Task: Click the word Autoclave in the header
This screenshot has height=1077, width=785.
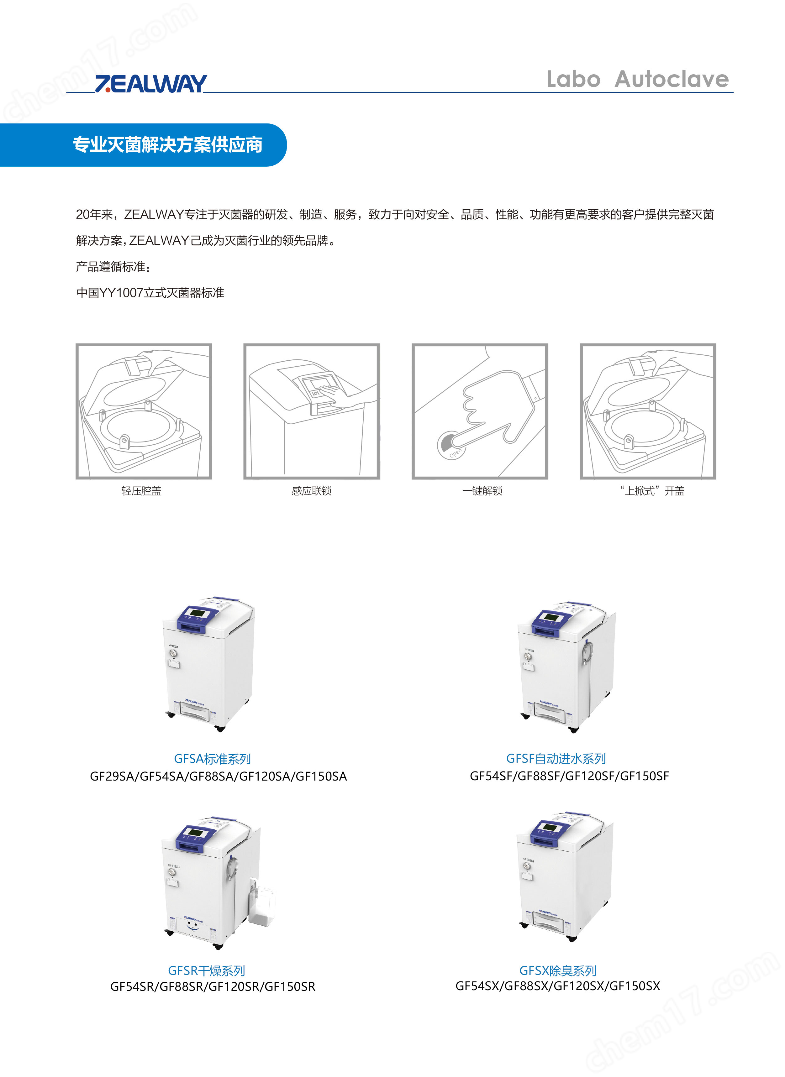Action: (x=672, y=79)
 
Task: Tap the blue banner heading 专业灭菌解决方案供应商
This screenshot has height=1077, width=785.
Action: (x=168, y=145)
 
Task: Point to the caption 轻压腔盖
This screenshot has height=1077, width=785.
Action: (x=141, y=491)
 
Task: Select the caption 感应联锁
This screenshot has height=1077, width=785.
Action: (x=312, y=491)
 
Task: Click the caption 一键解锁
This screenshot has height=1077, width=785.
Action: (x=482, y=491)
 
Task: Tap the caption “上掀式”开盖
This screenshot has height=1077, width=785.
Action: (x=652, y=491)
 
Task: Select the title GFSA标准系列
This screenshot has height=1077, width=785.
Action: (x=213, y=759)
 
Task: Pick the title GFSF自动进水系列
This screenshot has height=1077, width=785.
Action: (x=556, y=759)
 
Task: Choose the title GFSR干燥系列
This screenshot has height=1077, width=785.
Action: (x=207, y=971)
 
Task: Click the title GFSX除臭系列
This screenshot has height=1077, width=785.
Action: (x=558, y=971)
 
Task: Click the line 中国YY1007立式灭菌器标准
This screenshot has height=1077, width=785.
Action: (x=150, y=293)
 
